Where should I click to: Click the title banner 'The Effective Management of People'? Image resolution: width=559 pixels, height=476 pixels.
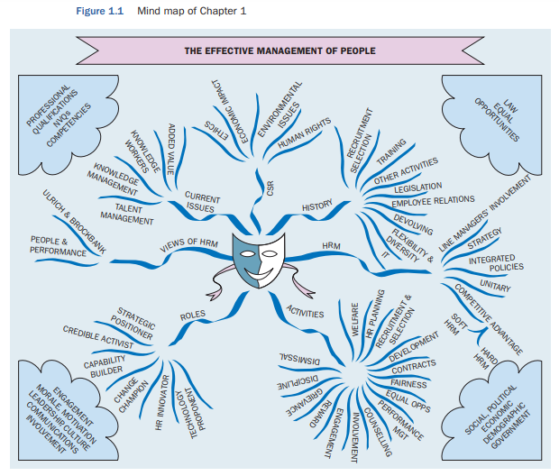point(279,50)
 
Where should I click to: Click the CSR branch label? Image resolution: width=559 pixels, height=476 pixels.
point(270,188)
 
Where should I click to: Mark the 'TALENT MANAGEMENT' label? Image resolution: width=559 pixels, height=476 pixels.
point(127,213)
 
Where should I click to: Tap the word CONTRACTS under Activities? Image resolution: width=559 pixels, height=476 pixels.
point(414,365)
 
